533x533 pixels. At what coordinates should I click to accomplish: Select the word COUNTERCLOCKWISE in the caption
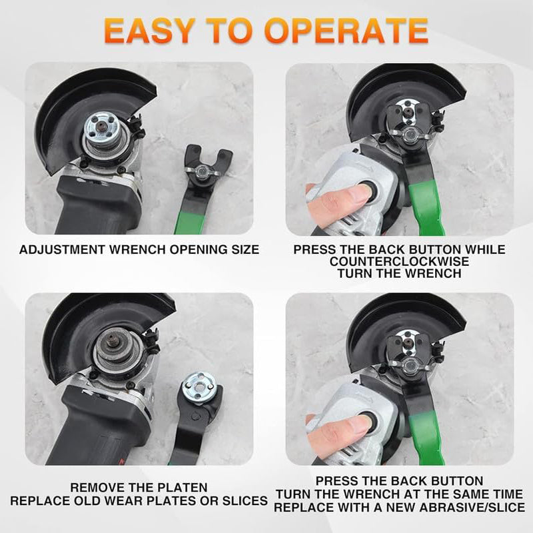coord(399,261)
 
